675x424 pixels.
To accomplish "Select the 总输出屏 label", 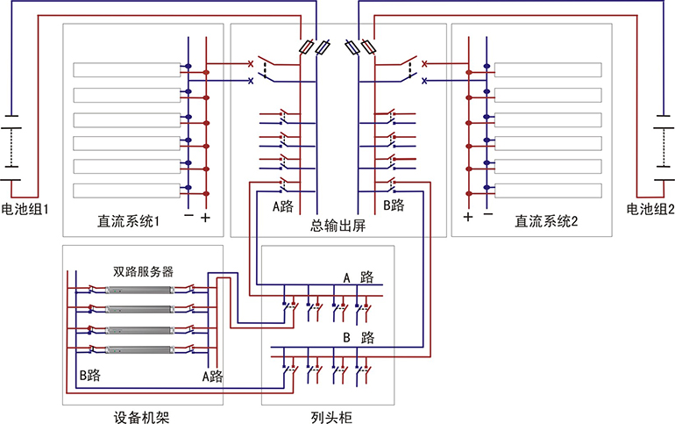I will click(337, 226).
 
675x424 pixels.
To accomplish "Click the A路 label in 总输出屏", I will click(282, 206).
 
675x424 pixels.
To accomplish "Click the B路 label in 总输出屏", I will click(393, 206).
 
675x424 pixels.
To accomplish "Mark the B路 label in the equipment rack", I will click(89, 376).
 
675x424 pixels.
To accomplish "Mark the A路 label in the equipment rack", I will click(211, 376).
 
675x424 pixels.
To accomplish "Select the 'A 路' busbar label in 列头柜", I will click(358, 277).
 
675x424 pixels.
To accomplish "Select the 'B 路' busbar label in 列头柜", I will click(358, 337).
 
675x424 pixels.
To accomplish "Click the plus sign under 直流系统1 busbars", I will click(207, 216).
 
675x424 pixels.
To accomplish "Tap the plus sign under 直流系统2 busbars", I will click(468, 216).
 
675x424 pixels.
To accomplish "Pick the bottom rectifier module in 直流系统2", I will click(547, 190).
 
